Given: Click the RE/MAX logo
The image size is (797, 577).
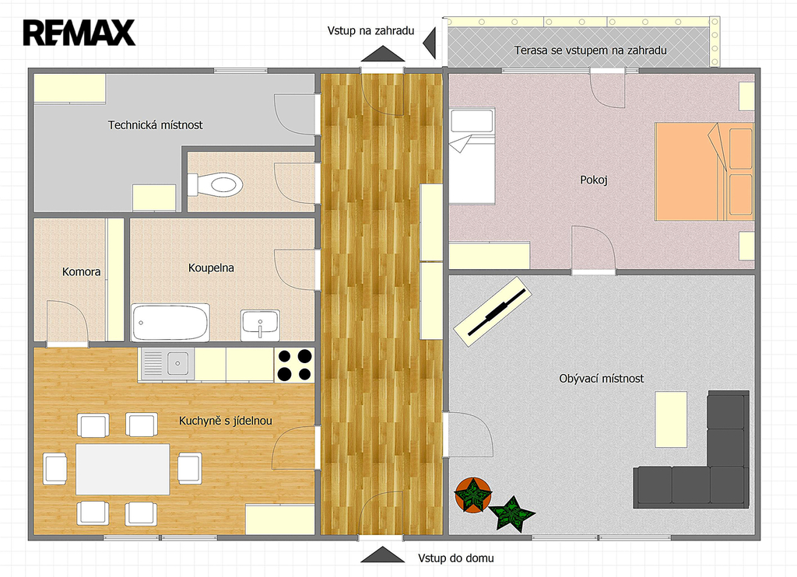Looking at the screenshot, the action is pyautogui.click(x=79, y=33).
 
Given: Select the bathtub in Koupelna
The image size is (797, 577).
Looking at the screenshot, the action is pyautogui.click(x=170, y=323).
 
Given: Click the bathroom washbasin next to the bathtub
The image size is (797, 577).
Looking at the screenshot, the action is pyautogui.click(x=260, y=325).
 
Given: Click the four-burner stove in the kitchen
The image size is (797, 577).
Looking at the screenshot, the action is pyautogui.click(x=294, y=365).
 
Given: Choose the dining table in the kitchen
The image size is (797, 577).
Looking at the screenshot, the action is pyautogui.click(x=122, y=469).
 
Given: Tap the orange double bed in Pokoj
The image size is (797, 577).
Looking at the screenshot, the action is pyautogui.click(x=704, y=171).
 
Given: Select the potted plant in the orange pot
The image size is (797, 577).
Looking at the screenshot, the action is pyautogui.click(x=473, y=495).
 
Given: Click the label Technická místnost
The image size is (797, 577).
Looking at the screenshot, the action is pyautogui.click(x=155, y=125).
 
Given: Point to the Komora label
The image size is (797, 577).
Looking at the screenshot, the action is pyautogui.click(x=81, y=271).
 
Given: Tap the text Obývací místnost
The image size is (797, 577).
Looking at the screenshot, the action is pyautogui.click(x=602, y=379).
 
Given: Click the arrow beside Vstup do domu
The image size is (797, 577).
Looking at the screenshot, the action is pyautogui.click(x=382, y=554).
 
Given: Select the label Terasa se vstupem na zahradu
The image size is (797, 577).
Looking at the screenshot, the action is pyautogui.click(x=590, y=51).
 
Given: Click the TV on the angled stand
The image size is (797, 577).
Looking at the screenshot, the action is pyautogui.click(x=496, y=313).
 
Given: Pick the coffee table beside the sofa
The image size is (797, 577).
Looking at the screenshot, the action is pyautogui.click(x=671, y=419).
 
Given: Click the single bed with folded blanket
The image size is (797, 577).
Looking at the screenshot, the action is pyautogui.click(x=472, y=156).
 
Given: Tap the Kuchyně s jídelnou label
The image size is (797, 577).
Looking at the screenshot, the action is pyautogui.click(x=225, y=421).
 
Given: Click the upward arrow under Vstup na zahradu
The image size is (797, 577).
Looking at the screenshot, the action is pyautogui.click(x=382, y=54).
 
